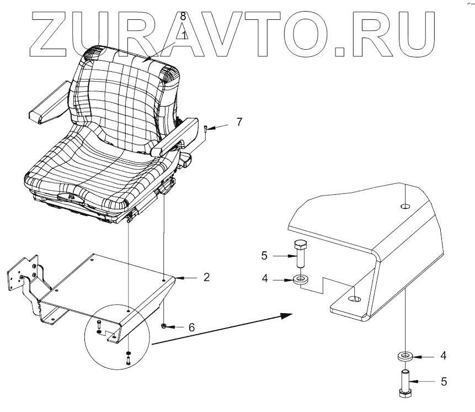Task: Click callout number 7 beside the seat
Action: coord(239,122)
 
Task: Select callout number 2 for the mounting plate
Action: coord(206,277)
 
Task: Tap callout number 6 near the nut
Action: coord(191,328)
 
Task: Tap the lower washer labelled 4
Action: coord(405,356)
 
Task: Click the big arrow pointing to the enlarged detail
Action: coord(221,329)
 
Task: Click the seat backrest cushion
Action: coord(121,91)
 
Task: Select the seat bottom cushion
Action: coord(94,171)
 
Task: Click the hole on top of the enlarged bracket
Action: coord(405,207)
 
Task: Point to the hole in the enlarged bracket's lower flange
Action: coord(355,299)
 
